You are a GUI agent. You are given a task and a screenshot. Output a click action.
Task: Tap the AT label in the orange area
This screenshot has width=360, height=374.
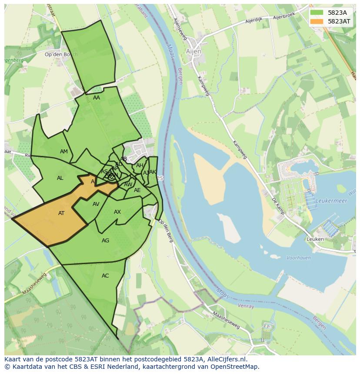tap(61, 213)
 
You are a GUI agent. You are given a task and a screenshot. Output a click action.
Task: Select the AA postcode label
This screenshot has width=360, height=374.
tap(97, 98)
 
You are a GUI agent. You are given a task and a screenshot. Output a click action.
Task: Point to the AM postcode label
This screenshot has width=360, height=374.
tap(64, 152)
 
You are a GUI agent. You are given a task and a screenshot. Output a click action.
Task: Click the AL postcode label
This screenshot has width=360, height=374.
tap(60, 178)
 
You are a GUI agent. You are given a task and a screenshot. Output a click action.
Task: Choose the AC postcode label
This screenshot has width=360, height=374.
tap(105, 276)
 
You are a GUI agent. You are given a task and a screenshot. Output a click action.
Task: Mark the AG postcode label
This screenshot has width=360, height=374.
tap(105, 241)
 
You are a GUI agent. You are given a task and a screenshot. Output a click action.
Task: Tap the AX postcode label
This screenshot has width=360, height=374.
tap(117, 212)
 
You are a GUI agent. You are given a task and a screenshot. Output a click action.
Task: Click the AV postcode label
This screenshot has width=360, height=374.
tap(96, 204)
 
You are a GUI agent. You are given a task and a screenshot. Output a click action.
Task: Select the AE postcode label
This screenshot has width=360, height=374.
tap(137, 190)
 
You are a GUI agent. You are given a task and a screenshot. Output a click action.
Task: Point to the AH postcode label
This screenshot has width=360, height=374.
tap(140, 165)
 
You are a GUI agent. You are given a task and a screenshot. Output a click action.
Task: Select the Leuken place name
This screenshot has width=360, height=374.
tap(315, 239)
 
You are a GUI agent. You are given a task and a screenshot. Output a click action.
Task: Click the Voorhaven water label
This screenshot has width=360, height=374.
tap(299, 258)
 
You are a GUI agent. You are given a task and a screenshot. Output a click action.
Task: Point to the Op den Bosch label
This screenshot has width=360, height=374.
tap(61, 54)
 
